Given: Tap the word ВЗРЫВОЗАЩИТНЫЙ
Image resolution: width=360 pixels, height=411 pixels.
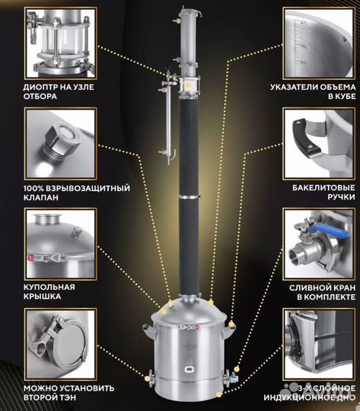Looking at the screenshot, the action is pyautogui.click(x=88, y=188).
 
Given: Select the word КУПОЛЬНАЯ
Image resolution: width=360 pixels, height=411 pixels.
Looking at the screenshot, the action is pyautogui.click(x=49, y=287).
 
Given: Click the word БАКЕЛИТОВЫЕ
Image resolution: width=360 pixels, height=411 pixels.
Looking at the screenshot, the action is pyautogui.click(x=323, y=188).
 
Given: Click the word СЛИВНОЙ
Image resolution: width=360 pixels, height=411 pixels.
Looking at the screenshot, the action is pyautogui.click(x=307, y=288).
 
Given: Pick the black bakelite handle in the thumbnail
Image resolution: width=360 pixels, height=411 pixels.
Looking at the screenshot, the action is pyautogui.click(x=305, y=136).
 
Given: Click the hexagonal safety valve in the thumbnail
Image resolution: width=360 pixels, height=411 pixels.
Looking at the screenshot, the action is pyautogui.click(x=61, y=141).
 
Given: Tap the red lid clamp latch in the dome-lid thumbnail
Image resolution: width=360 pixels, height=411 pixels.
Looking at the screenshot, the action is pyautogui.click(x=31, y=259).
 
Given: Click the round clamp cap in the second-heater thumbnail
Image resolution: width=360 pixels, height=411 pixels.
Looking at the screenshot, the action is pyautogui.click(x=69, y=344).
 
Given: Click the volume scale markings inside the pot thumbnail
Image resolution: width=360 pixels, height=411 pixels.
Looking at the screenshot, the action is pyautogui.click(x=301, y=43).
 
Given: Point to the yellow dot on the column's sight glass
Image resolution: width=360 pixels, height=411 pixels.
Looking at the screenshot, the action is pyautogui.click(x=190, y=84).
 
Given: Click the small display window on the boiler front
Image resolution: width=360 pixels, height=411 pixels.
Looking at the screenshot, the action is pyautogui.click(x=190, y=369).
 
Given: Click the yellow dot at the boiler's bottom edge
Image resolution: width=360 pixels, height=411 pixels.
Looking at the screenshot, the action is pyautogui.click(x=218, y=394).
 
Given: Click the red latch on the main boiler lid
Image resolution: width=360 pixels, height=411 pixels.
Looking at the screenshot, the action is pyautogui.click(x=196, y=327).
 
